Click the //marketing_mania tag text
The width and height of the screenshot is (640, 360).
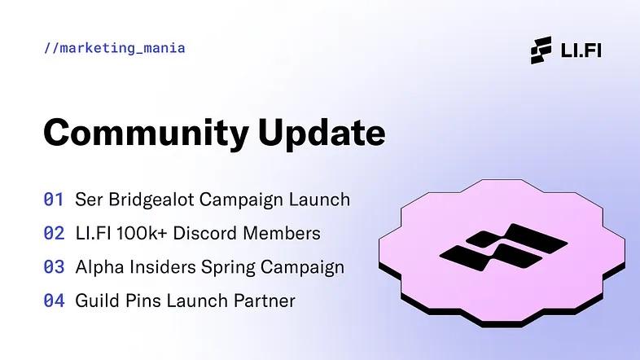[115, 48]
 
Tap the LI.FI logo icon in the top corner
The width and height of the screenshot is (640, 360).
[541, 50]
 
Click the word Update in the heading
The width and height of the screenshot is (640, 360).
[322, 133]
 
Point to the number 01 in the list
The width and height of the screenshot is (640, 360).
[54, 200]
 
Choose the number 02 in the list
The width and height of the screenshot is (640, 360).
[54, 234]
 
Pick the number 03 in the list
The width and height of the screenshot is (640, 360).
[54, 267]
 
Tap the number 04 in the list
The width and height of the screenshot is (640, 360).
[54, 301]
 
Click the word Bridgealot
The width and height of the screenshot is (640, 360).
[150, 200]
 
